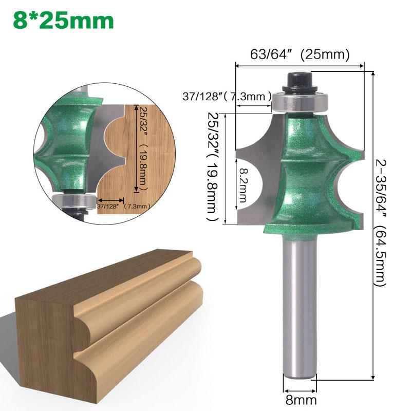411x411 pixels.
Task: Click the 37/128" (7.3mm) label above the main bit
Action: tap(227, 96)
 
